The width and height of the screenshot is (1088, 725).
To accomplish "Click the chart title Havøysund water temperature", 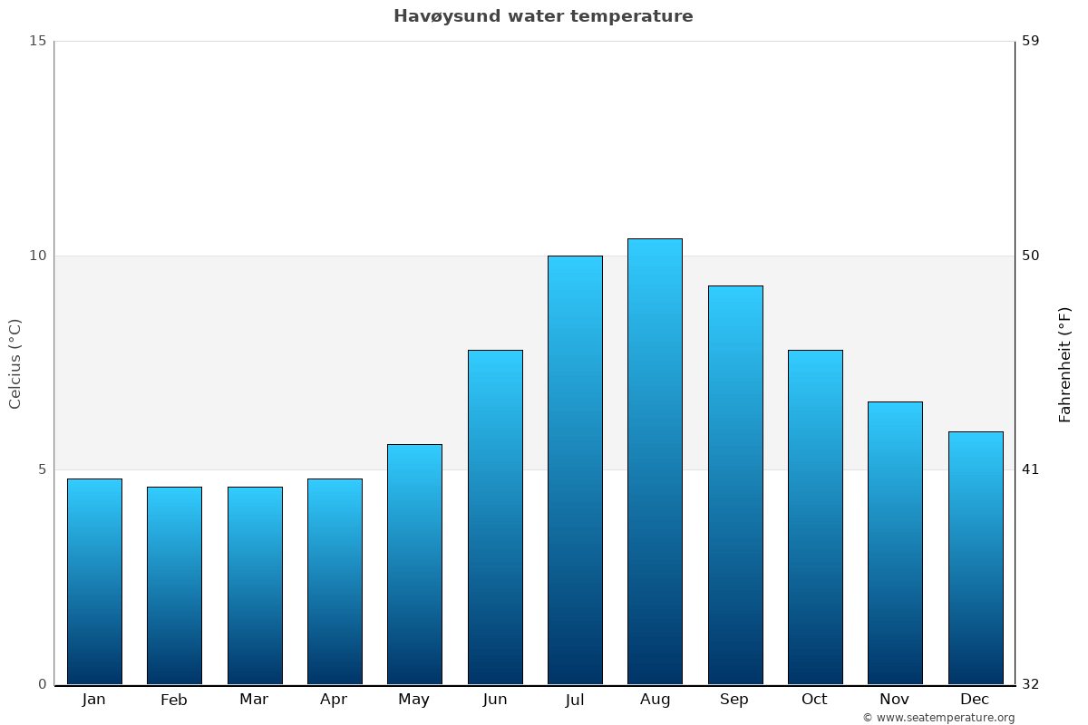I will (543, 16).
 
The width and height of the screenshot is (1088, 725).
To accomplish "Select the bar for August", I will (655, 461).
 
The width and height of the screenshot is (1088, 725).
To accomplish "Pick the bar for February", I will (174, 585).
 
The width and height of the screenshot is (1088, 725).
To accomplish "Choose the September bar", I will (735, 485).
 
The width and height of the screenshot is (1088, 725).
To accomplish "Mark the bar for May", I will (414, 564).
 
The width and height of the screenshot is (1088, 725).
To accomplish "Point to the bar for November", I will (895, 543).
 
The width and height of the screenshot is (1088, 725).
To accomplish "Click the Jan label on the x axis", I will (94, 700).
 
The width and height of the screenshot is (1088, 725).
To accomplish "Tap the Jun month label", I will (495, 700).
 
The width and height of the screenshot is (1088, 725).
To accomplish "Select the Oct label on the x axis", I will (814, 700).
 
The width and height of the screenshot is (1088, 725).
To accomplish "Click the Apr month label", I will (334, 700).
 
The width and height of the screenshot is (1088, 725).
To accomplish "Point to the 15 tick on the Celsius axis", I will (37, 41).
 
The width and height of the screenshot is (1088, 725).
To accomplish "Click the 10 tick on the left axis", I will (37, 256).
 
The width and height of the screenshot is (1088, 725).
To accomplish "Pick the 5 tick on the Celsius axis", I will (41, 469).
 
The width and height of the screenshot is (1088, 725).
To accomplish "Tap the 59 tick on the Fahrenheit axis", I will (1031, 41).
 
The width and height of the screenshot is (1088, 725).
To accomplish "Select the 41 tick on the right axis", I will (1031, 469).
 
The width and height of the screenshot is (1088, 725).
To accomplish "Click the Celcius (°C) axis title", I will (15, 363).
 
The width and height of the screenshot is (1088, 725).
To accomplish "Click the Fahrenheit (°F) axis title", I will (1065, 363).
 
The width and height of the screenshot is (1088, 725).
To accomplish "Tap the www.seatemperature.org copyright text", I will (938, 718).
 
